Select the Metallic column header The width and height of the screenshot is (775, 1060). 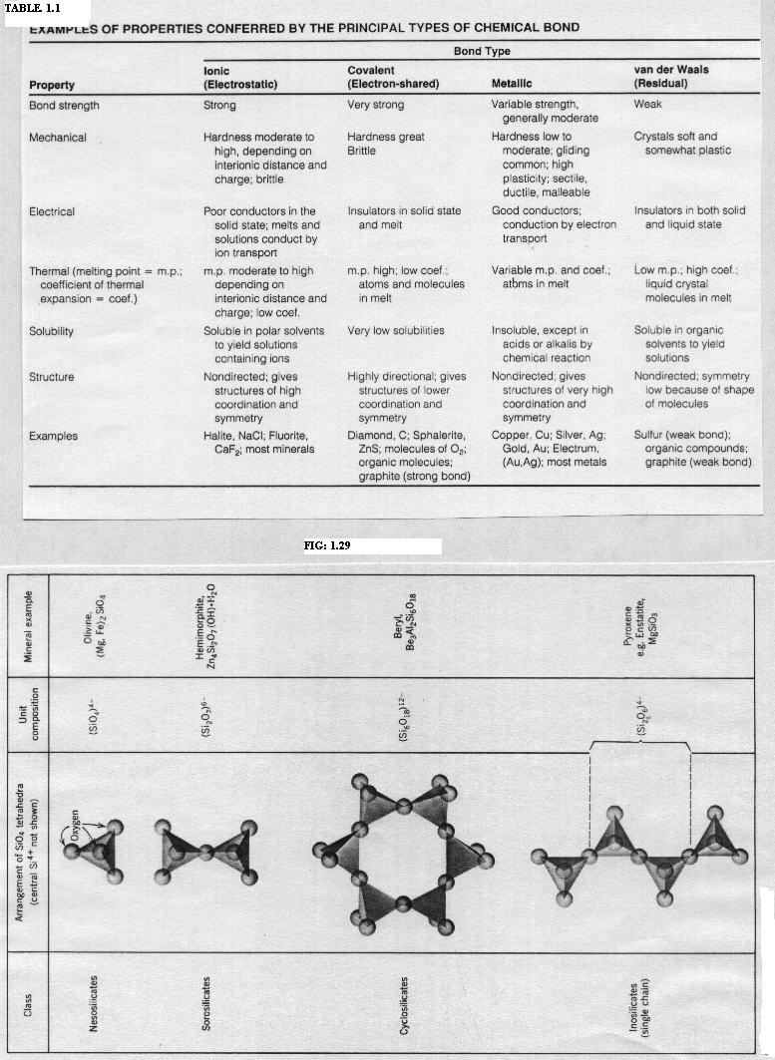(518, 85)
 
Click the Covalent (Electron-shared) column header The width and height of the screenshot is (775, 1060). (392, 78)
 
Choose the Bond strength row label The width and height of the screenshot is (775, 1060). (64, 105)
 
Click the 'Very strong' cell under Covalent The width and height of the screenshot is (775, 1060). (376, 105)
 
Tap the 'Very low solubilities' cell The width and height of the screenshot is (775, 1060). (396, 330)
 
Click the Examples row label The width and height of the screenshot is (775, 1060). (53, 436)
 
